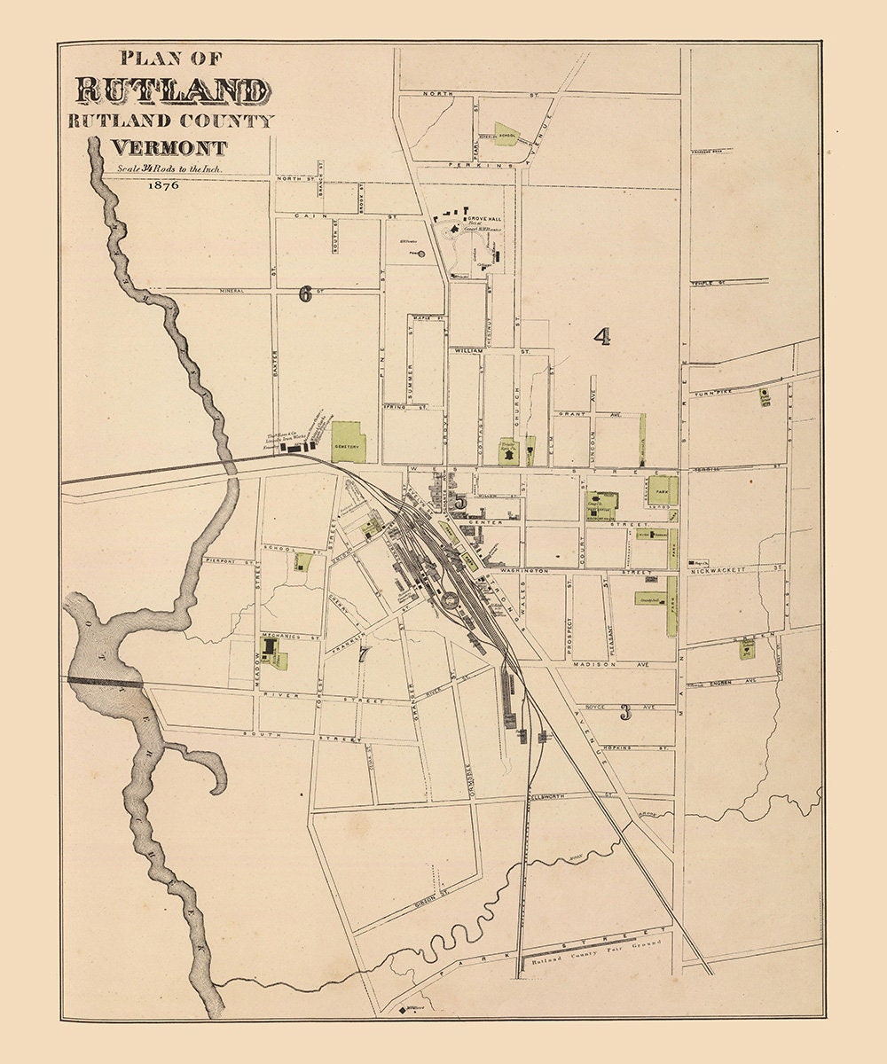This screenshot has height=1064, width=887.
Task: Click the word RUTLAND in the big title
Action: coord(173,90)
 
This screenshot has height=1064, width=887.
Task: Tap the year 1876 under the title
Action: coord(164,185)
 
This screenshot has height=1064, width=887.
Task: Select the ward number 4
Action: coord(602,336)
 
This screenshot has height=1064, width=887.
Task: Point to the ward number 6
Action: coord(305,294)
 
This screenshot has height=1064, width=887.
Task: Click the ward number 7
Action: coord(362,656)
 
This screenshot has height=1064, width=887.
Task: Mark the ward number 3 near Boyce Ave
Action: coord(625,712)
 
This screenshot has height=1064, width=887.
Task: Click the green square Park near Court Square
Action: coord(662,489)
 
